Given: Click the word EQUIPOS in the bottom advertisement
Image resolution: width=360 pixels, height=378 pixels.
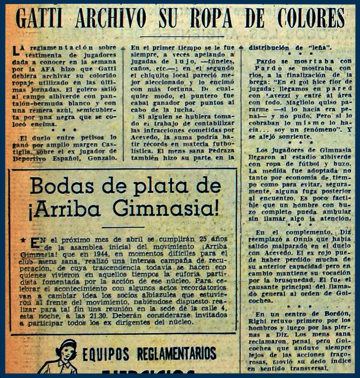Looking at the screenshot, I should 108,352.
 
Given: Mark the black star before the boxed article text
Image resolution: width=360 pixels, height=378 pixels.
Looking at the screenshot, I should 23,240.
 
